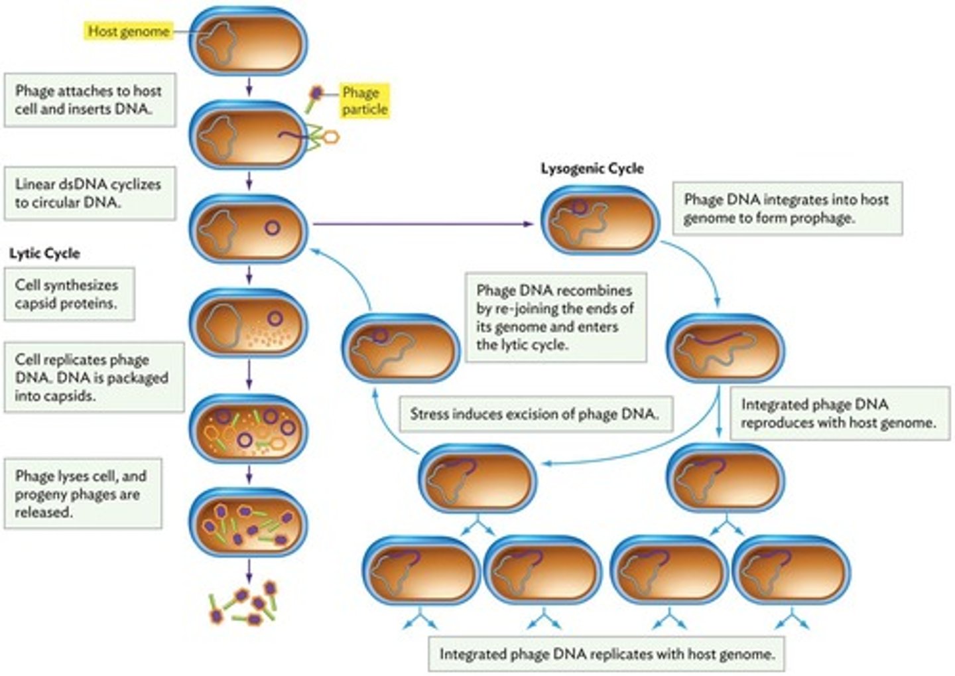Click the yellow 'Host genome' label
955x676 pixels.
click(x=129, y=31)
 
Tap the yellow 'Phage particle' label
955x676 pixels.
click(x=363, y=101)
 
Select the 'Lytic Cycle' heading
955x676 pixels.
click(x=44, y=253)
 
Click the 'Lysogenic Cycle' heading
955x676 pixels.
click(x=592, y=169)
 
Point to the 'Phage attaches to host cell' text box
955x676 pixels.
click(x=90, y=100)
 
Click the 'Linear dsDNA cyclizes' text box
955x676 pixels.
click(x=90, y=193)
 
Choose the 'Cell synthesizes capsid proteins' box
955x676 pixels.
click(x=69, y=294)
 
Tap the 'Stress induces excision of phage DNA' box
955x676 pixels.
click(x=535, y=414)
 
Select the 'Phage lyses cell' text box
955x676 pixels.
click(x=82, y=494)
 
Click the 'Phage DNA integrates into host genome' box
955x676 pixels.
click(x=787, y=208)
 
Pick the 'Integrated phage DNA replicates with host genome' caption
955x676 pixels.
click(x=606, y=653)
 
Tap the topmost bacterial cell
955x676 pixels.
click(x=249, y=41)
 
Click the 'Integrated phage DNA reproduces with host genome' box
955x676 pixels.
click(x=839, y=413)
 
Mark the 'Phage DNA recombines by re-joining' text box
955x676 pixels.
click(x=555, y=318)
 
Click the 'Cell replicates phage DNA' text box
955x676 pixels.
click(x=94, y=377)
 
